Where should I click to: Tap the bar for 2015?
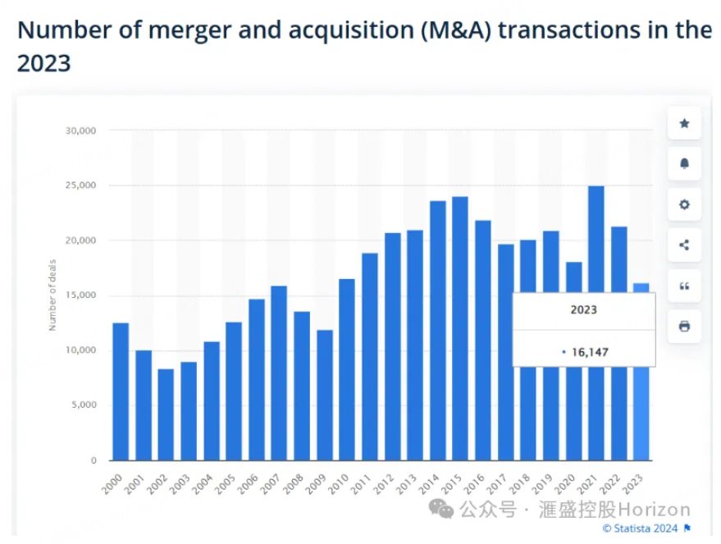pyautogui.click(x=460, y=328)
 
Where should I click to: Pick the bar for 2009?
pyautogui.click(x=325, y=395)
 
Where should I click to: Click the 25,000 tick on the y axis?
pyautogui.click(x=81, y=185)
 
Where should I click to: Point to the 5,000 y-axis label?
pyautogui.click(x=83, y=405)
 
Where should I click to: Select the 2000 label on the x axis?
pyautogui.click(x=112, y=483)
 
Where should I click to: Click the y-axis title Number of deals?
pyautogui.click(x=52, y=296)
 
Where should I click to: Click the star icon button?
pyautogui.click(x=684, y=123)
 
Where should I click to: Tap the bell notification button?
pyautogui.click(x=684, y=163)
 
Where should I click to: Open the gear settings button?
pyautogui.click(x=684, y=204)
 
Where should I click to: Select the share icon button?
pyautogui.click(x=684, y=245)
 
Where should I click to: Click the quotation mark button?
pyautogui.click(x=684, y=286)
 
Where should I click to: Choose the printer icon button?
pyautogui.click(x=684, y=326)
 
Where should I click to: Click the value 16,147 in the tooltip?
pyautogui.click(x=590, y=352)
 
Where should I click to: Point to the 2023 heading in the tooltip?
pyautogui.click(x=584, y=310)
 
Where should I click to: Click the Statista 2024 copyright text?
pyautogui.click(x=641, y=528)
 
